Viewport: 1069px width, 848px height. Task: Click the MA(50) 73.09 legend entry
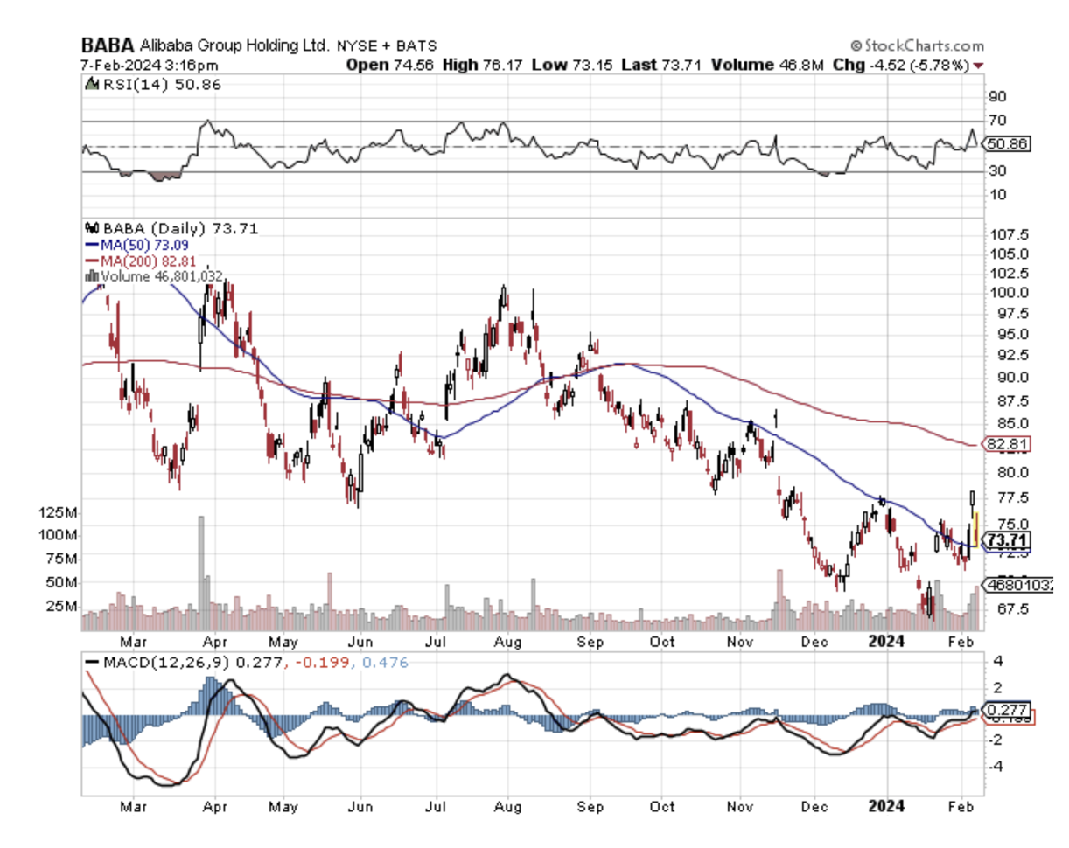click(x=136, y=244)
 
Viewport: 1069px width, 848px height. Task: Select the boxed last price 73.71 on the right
click(x=1007, y=539)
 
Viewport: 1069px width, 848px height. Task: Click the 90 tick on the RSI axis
click(x=997, y=96)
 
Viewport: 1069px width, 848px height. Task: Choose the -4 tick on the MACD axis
click(x=996, y=766)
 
